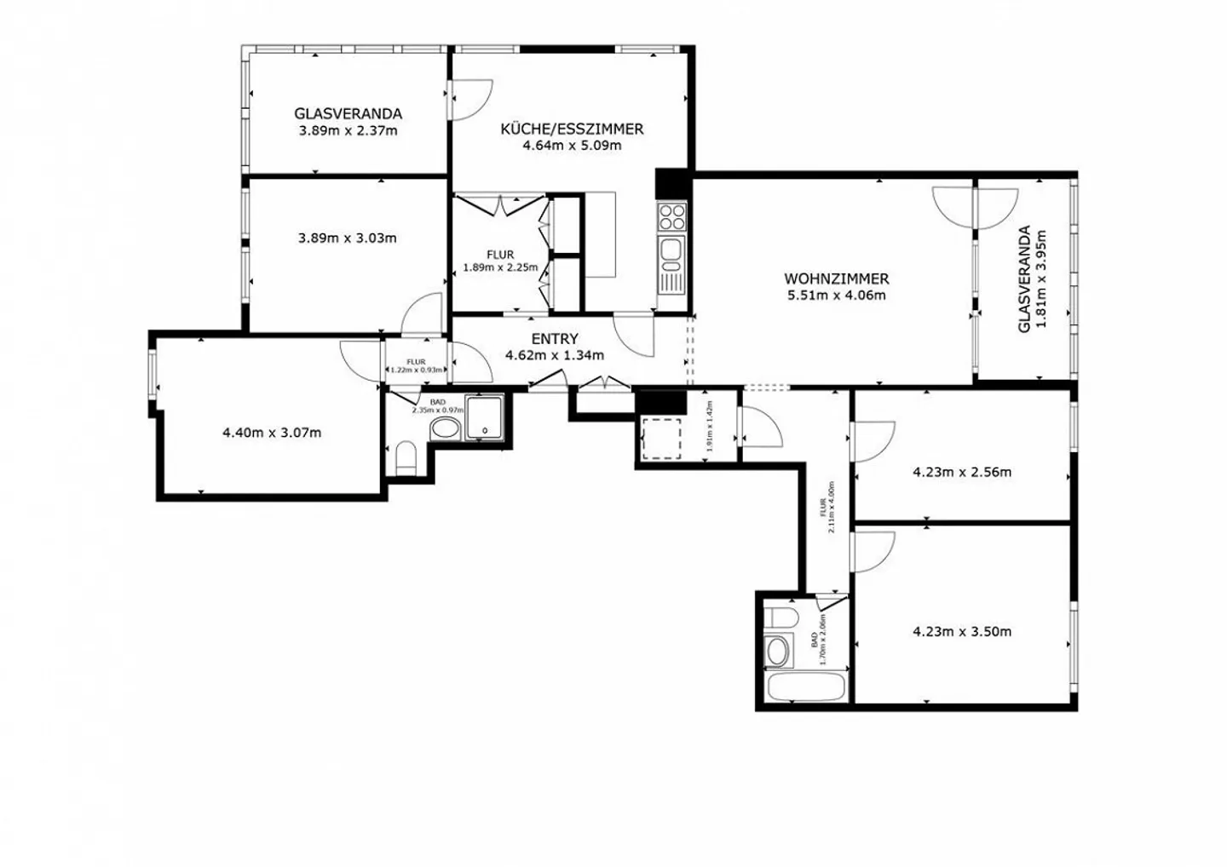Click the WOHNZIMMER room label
tap(836, 278)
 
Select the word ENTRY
tap(555, 339)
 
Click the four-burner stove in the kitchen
tap(672, 216)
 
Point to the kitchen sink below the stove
tap(671, 250)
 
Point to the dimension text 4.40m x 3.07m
tap(272, 433)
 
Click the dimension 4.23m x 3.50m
tap(962, 632)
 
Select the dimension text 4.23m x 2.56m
tap(962, 472)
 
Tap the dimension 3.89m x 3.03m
tap(347, 238)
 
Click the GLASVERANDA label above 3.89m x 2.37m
tap(348, 113)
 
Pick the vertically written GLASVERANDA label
tap(1025, 278)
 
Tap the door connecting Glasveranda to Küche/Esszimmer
tap(469, 99)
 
